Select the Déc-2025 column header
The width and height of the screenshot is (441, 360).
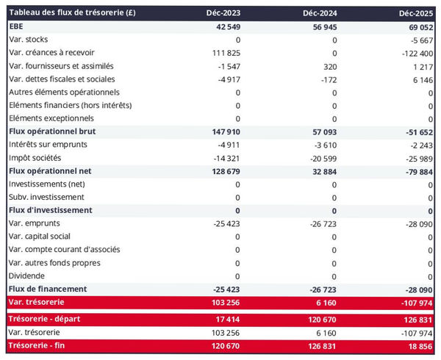coord(415,12)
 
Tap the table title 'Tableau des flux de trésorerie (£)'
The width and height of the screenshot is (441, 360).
coord(71,12)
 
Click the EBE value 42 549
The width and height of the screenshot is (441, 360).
coord(223,26)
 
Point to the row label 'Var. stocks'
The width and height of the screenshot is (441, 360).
coord(29,39)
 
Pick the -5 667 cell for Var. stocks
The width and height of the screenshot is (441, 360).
coord(418,40)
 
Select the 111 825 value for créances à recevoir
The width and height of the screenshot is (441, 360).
coord(221,53)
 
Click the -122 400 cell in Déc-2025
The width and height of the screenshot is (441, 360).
coord(415,53)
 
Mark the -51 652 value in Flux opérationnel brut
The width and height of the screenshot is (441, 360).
coord(416,132)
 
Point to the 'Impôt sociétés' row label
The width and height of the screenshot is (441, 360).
coord(35,158)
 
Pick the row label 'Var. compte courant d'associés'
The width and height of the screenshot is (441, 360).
coord(64,249)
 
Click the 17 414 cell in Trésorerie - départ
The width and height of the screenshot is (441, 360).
coord(223,320)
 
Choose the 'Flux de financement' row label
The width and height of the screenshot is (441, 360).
coord(48,289)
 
